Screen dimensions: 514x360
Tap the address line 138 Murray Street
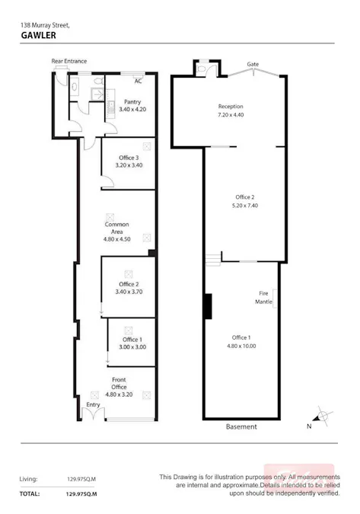click(45, 25)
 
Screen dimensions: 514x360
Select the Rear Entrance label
click(68, 61)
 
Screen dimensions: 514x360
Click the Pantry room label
click(132, 102)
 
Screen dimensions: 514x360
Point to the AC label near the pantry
click(138, 81)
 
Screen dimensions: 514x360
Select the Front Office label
click(119, 379)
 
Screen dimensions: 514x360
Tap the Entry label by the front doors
click(93, 404)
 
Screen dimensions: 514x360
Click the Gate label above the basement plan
click(252, 64)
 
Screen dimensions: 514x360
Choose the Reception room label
click(230, 106)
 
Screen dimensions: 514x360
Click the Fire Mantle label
click(264, 298)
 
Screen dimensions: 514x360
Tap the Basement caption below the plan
click(241, 427)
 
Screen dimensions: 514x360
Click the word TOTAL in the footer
click(30, 494)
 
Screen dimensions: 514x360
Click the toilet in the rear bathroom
click(73, 87)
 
